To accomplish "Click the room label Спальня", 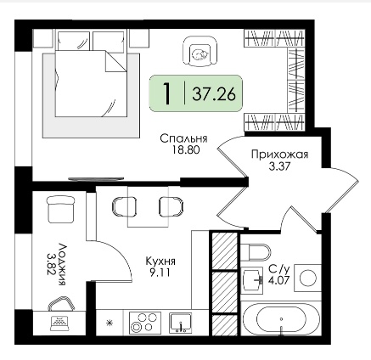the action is coord(183,138).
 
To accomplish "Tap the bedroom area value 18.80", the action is coord(186,150).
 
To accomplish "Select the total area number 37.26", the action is coord(214,94).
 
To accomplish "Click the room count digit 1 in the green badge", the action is coord(167,93).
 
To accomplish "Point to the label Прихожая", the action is coord(279,155).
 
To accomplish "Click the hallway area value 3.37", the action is coord(279,166).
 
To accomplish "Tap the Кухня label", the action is coord(160,262).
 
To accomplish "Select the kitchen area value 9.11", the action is coord(160,273).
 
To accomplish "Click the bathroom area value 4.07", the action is coord(278,279).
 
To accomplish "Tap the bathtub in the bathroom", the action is coord(281,320).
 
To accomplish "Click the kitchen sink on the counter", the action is coord(181,323).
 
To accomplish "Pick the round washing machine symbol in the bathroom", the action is coord(307,278).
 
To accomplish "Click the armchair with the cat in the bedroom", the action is coord(200,51).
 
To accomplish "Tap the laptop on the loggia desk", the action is coord(59,323).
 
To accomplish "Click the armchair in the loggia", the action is coord(60,210).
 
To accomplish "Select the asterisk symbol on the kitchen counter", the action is coord(109,323).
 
